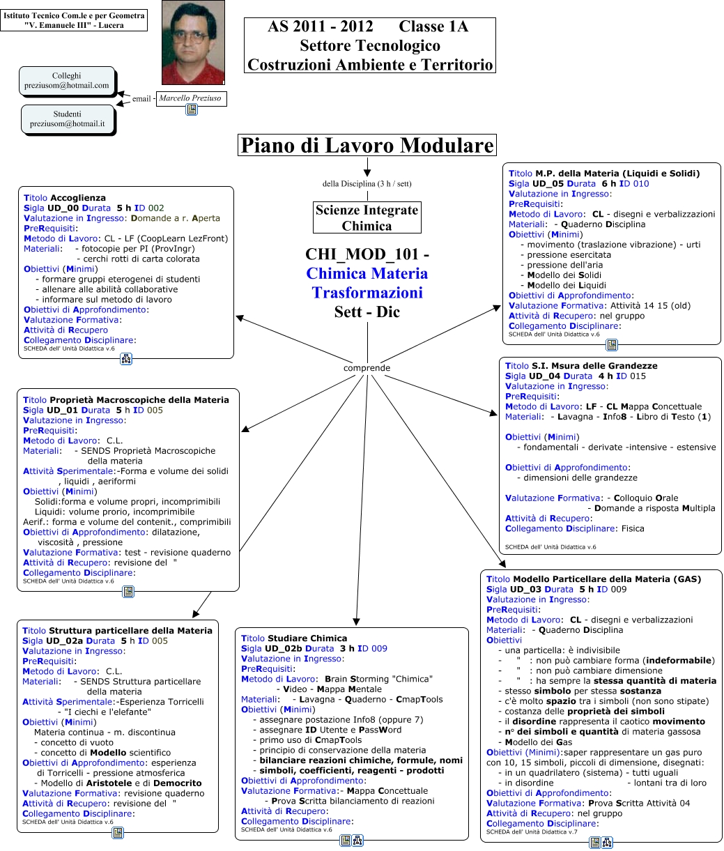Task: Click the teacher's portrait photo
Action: coord(193,42)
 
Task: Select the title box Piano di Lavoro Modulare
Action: coord(367,146)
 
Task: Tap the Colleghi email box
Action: coord(67,81)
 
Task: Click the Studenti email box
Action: coord(67,118)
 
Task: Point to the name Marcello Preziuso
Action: coord(190,98)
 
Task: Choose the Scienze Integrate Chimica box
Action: coord(367,217)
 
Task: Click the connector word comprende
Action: coord(367,368)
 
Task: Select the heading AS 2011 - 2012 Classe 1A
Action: coord(368,27)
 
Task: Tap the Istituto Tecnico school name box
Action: coord(74,20)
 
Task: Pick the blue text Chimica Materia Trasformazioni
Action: coord(367,282)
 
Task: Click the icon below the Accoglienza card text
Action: coord(127,359)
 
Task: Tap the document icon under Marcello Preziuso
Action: coord(191,110)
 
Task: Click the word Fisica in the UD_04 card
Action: coord(632,528)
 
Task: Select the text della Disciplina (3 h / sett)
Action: coord(367,184)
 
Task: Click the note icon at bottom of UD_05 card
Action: coord(611,344)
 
